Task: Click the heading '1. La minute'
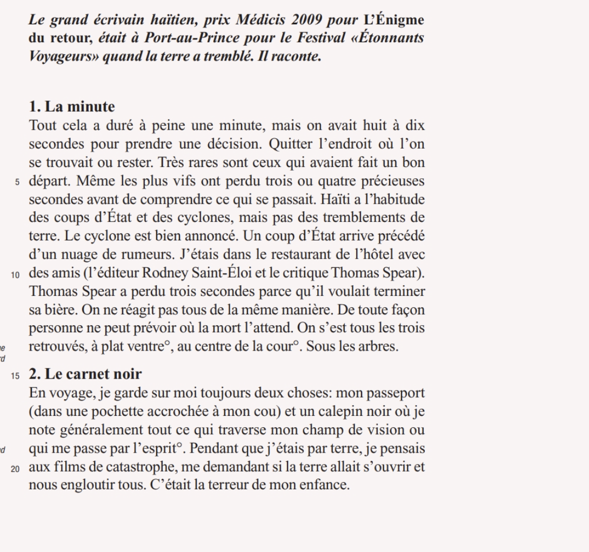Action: coord(72,106)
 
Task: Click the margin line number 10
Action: coord(16,274)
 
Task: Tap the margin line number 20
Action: coord(16,468)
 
